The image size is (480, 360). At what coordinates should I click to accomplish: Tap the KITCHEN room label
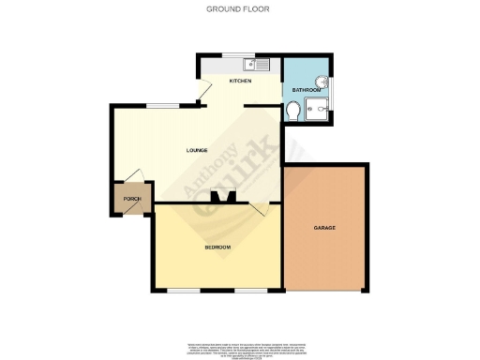coord(240,82)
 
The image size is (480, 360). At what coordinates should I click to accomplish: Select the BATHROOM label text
coord(305,91)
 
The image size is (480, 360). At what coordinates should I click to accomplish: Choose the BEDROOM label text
coord(217,247)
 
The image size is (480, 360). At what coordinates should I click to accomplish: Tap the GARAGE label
coord(325,228)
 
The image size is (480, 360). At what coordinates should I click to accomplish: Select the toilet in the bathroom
coord(293,111)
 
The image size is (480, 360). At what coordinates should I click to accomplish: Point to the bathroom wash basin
coord(320,80)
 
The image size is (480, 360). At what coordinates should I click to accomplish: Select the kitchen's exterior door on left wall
coord(202,92)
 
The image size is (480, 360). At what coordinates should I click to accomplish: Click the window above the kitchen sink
coord(254,54)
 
